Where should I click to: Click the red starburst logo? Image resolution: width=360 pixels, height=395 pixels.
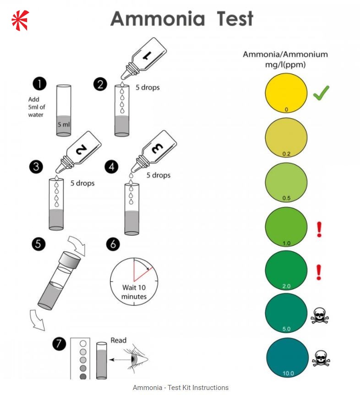pos(20,20)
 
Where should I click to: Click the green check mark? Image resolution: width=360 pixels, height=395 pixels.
pos(322,93)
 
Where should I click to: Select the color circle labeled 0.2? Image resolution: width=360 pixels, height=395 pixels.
pos(286,137)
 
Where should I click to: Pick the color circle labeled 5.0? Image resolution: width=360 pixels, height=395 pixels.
pos(286,314)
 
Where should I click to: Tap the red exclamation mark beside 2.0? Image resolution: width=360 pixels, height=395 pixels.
pos(319,272)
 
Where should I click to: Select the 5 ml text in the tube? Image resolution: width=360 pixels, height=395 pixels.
pos(64,124)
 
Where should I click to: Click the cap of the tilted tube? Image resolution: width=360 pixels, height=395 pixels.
pos(71,264)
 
